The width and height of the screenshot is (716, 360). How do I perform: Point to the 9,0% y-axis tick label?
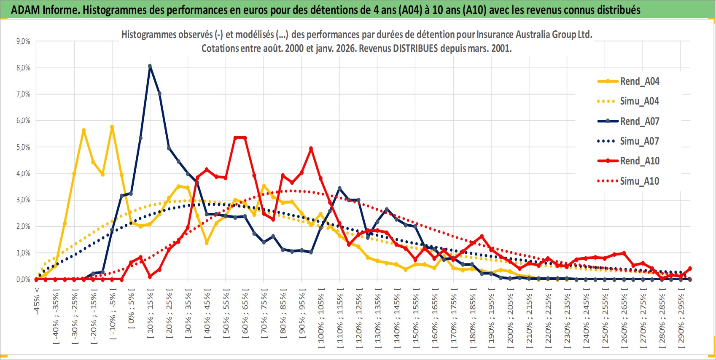point(23,41)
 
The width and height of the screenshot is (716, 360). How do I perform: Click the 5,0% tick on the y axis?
point(23,147)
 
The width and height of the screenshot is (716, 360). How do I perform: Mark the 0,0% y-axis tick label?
point(23,279)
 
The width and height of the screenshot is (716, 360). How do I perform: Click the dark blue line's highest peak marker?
point(150,66)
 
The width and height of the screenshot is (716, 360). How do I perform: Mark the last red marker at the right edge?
point(690,269)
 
